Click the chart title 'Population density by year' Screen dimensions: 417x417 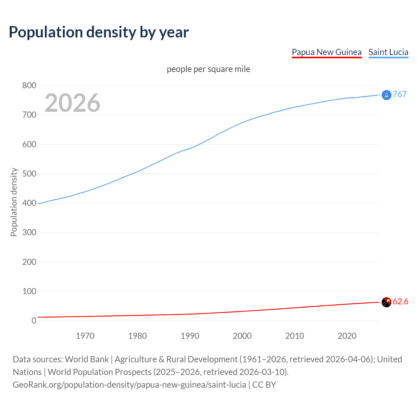99,32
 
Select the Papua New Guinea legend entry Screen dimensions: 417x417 326,52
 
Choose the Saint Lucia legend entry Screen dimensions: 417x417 388,52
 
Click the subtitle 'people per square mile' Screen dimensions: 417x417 208,69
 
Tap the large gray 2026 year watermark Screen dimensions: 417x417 72,103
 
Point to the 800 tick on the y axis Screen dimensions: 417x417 29,86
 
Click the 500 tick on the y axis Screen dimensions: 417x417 29,174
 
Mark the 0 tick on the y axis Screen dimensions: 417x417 34,321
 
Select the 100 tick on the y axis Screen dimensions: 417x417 29,292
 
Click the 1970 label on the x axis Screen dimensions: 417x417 85,336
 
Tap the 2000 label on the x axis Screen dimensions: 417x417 242,336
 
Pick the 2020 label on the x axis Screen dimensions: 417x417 347,336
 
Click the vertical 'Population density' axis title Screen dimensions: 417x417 14,202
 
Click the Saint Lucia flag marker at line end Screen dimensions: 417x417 386,95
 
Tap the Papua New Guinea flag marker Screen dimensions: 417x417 386,302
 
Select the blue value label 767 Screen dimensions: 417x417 400,94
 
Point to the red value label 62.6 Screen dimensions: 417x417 400,302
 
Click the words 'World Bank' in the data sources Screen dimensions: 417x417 87,359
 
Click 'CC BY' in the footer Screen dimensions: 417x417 264,385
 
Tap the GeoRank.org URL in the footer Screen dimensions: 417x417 129,385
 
